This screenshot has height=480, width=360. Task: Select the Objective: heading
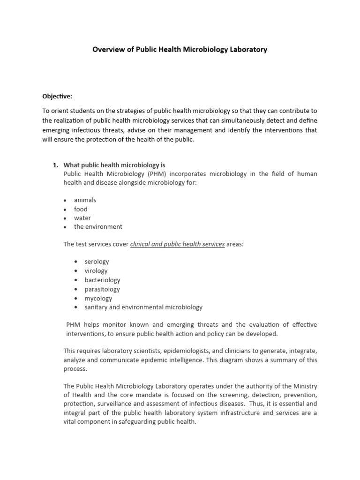(x=57, y=96)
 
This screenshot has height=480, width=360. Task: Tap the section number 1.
(x=55, y=165)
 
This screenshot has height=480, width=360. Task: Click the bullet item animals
(x=85, y=200)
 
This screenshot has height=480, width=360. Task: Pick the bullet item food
(x=81, y=209)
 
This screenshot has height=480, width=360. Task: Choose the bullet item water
(x=82, y=218)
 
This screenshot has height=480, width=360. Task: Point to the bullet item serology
(x=97, y=262)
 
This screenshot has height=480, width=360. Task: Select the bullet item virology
(x=96, y=270)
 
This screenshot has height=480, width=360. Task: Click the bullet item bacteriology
(x=102, y=280)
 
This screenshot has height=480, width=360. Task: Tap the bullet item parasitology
(x=102, y=289)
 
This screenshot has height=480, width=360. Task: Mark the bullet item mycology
(x=98, y=298)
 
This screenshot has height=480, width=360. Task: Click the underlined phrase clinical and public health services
(x=177, y=244)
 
